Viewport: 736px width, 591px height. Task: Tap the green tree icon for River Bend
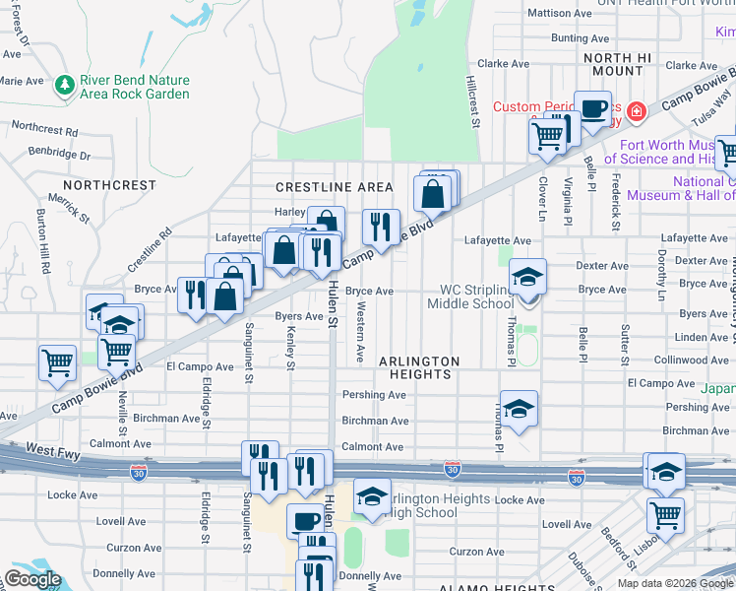65,86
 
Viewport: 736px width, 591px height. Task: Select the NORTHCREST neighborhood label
109,185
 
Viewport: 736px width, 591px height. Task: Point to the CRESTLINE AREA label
335,187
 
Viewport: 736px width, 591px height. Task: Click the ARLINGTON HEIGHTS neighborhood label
419,368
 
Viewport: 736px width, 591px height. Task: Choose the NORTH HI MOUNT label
618,65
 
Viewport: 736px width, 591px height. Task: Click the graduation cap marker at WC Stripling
527,277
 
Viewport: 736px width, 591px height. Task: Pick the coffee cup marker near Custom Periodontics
592,109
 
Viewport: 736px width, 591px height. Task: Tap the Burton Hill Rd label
44,240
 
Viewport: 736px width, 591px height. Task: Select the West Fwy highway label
53,449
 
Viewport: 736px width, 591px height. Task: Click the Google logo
32,579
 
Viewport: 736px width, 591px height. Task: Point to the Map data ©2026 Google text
674,583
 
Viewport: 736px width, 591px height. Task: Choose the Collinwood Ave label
695,361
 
